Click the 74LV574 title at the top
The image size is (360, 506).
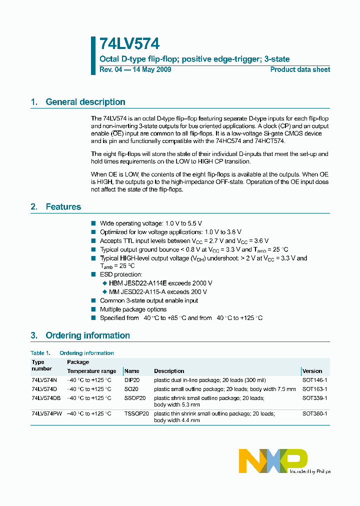click(x=129, y=44)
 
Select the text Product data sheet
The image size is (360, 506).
click(x=300, y=69)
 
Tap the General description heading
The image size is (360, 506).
click(x=85, y=102)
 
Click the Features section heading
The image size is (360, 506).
click(x=63, y=206)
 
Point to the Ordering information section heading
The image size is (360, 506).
click(x=87, y=335)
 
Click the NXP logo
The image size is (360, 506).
click(x=273, y=460)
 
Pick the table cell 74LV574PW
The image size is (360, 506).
click(x=47, y=414)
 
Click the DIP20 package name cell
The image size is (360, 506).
click(x=132, y=380)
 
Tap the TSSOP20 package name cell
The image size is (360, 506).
click(x=136, y=414)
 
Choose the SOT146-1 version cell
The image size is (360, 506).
click(x=314, y=380)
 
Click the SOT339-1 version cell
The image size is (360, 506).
click(x=314, y=398)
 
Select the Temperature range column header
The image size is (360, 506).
click(x=91, y=371)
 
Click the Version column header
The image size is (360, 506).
click(x=312, y=371)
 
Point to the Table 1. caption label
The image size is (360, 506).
click(x=40, y=353)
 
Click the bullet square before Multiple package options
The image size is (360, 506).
click(x=93, y=309)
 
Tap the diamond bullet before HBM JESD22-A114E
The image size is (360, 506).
click(x=104, y=283)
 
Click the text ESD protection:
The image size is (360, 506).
click(x=121, y=274)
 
